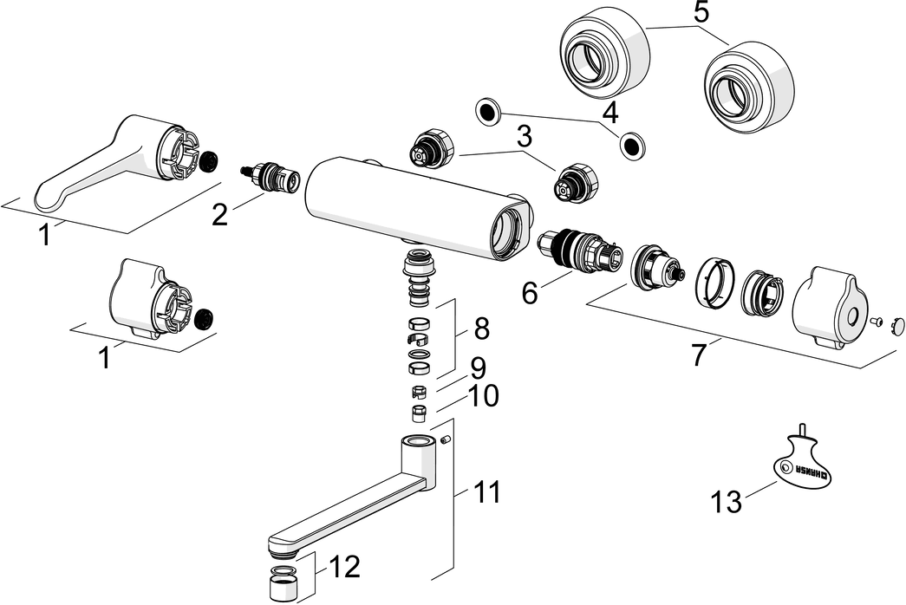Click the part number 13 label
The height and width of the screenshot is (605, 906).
pos(727,501)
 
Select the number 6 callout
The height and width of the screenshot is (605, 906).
pos(529,292)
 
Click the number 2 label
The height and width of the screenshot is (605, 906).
pos(220,213)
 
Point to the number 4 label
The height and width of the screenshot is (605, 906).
pos(609,112)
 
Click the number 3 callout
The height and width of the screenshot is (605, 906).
pos(523,137)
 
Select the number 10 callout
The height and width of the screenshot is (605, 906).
pos(483,396)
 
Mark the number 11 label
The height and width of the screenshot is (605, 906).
pos(486,493)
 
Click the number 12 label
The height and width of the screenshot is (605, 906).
pos(344,567)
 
